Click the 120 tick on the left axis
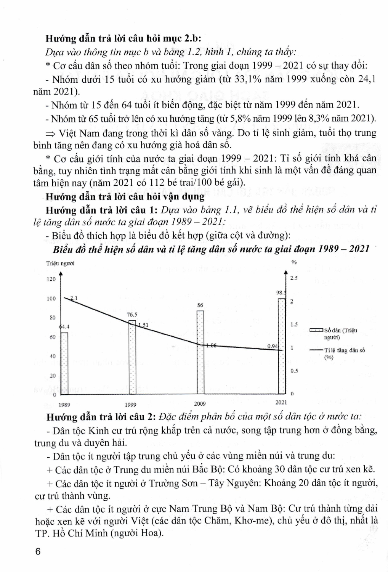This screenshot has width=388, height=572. tap(51, 279)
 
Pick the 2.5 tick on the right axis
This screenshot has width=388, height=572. tap(294, 278)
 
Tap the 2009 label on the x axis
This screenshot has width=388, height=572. tap(200, 403)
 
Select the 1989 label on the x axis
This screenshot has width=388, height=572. tap(64, 404)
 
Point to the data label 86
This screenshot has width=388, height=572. tap(200, 305)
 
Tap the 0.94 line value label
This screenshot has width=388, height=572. tap(273, 346)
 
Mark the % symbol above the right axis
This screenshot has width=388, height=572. tap(294, 262)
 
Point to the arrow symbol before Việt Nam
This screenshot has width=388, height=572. tap(50, 133)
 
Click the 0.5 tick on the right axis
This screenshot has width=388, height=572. tap(294, 371)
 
